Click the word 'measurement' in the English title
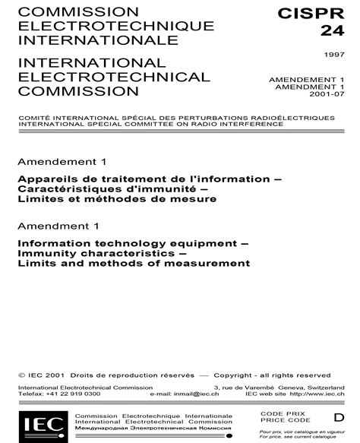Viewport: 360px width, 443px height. pyautogui.click(x=212, y=264)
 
